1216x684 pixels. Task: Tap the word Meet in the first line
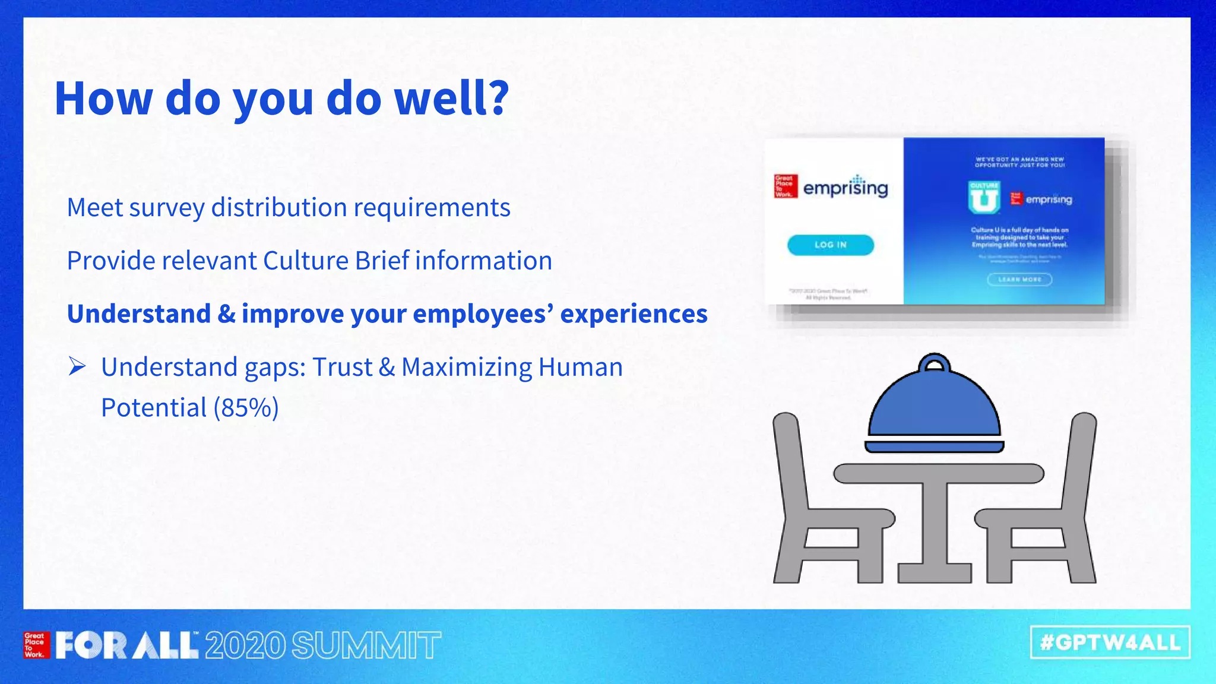[x=94, y=207]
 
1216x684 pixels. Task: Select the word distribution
[x=279, y=207]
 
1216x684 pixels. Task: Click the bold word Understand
[x=138, y=313]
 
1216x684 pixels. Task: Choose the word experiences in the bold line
[x=634, y=313]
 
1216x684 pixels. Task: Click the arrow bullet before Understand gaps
[x=77, y=366]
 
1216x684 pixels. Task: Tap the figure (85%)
[x=246, y=407]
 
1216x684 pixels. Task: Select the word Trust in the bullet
[x=342, y=366]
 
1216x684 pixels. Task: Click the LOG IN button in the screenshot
[x=830, y=245]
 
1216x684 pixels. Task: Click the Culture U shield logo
[x=984, y=198]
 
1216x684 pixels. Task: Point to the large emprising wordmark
[x=845, y=188]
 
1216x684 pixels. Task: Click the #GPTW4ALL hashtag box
[x=1110, y=642]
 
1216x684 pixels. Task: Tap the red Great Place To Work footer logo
[x=35, y=645]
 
